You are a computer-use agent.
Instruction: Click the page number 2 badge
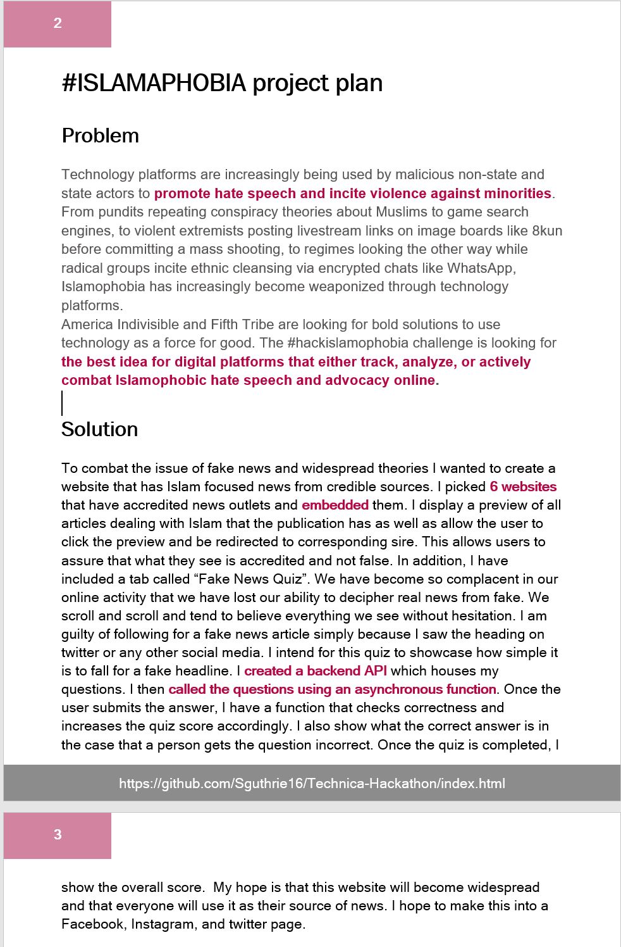58,24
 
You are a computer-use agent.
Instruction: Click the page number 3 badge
58,835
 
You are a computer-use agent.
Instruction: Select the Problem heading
100,135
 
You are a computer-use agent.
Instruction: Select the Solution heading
99,429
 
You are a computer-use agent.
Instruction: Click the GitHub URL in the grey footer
312,784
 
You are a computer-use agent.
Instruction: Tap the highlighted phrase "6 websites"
523,487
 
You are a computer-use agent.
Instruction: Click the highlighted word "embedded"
335,505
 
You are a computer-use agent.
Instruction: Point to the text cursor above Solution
62,403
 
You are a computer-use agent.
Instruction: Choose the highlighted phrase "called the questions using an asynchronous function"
332,689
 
